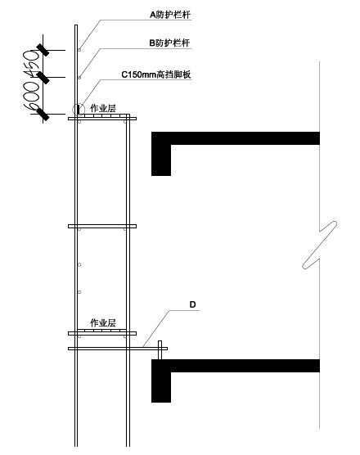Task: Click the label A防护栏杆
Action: pos(170,15)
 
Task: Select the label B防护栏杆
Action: pos(169,43)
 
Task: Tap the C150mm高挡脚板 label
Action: pos(156,74)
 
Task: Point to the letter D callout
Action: pos(192,304)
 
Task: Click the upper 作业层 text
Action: pos(103,108)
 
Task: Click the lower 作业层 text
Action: pos(103,322)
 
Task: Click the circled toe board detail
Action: pos(79,110)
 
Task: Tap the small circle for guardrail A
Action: pos(79,50)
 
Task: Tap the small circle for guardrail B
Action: pos(79,78)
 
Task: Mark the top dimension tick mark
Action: pos(43,50)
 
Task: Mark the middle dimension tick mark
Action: pos(43,78)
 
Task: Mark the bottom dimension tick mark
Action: pos(43,114)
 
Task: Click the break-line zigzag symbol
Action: pos(319,245)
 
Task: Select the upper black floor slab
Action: pos(236,138)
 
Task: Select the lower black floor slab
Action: pos(236,366)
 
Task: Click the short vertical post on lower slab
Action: pos(160,350)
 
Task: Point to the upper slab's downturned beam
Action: pos(161,160)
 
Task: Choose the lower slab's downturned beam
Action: pos(161,387)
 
